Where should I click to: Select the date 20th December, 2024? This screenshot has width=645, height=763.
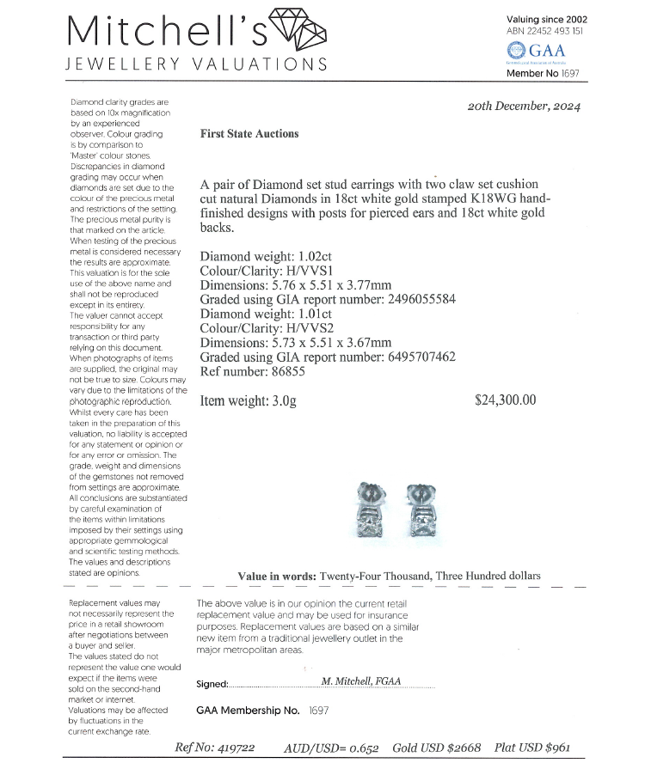click(524, 107)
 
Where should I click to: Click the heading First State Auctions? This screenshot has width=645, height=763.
click(249, 134)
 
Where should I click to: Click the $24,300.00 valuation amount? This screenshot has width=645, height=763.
click(505, 400)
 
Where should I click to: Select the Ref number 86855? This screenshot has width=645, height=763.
click(252, 371)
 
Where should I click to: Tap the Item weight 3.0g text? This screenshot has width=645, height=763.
click(248, 400)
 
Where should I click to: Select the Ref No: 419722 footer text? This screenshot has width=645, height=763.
click(214, 748)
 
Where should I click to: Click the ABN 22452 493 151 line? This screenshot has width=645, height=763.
click(545, 31)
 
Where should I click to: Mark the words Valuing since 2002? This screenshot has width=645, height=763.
click(546, 19)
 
